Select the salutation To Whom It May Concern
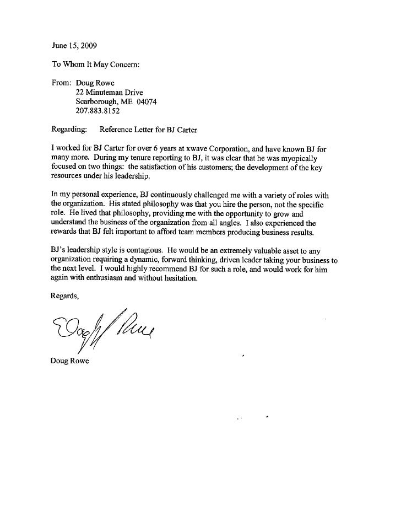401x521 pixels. (x=89, y=64)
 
